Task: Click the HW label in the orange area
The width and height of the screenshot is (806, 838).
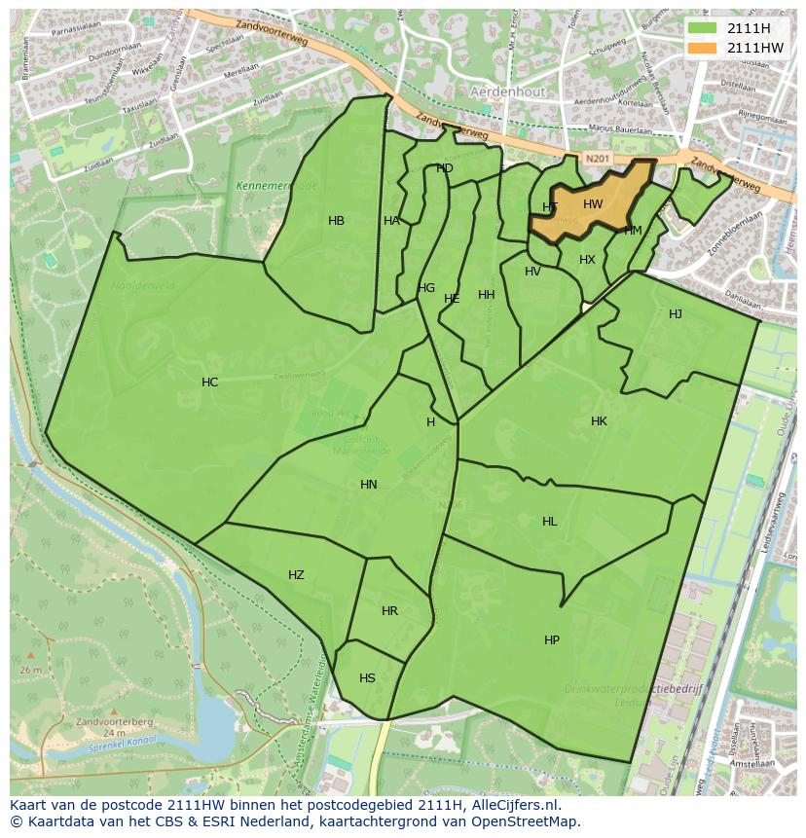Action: coord(593,204)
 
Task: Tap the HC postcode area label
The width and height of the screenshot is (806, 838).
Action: coord(209,383)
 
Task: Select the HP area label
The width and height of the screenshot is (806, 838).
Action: coord(552,640)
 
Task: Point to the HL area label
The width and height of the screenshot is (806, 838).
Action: coord(550,522)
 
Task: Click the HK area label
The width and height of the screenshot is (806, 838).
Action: coord(599,421)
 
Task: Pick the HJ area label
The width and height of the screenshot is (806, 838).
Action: coord(676,314)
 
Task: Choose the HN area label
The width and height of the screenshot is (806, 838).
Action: coord(369,485)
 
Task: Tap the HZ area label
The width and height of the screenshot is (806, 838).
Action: coord(296,575)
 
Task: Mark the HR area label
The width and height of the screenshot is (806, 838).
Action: coord(389,611)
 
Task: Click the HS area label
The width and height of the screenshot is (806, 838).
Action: coord(367,678)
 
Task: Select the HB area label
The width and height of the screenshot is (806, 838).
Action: coord(336,221)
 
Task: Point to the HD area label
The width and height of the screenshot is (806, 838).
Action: coord(445,168)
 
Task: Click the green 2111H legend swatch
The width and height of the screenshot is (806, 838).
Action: coord(701,28)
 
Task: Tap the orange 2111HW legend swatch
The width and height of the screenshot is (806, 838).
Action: coord(701,48)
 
